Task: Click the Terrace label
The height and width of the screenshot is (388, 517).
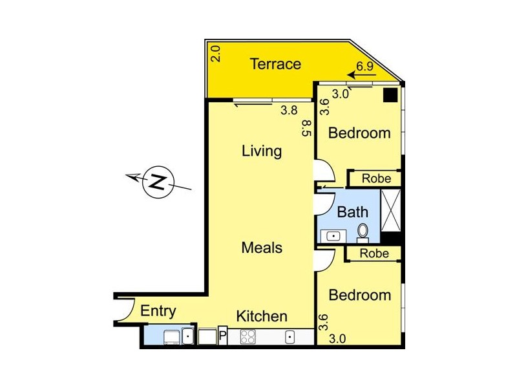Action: click(276, 64)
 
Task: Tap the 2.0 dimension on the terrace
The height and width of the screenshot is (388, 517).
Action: click(216, 53)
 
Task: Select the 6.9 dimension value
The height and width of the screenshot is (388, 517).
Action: click(366, 67)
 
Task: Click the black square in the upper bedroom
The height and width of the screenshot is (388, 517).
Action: click(390, 96)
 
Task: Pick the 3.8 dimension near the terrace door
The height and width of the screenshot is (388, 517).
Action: click(289, 111)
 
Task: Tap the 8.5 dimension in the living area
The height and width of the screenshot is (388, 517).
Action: click(306, 127)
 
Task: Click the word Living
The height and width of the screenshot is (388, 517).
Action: click(262, 151)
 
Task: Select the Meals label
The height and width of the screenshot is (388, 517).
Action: click(262, 247)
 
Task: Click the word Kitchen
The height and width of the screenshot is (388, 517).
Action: click(261, 316)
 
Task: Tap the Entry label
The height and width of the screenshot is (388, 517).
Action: click(158, 311)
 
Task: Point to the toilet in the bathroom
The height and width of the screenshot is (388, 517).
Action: click(363, 232)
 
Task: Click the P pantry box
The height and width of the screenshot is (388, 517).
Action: click(222, 336)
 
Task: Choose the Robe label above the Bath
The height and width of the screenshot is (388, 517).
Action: click(375, 178)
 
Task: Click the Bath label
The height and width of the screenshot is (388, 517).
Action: click(353, 211)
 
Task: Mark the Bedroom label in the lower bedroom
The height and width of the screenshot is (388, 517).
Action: click(360, 295)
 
